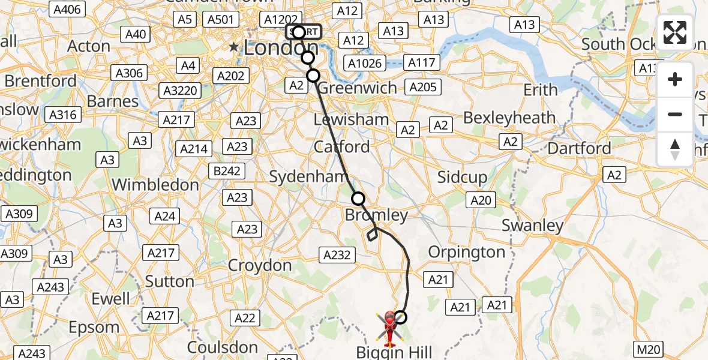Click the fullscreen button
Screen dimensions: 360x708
[675, 32]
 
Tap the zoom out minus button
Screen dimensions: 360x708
[675, 114]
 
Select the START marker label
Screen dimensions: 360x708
[304, 32]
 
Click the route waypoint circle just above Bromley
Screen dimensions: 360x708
[358, 199]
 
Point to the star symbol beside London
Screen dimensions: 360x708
[233, 47]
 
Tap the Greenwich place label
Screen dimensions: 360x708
[357, 88]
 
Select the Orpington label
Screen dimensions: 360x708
[466, 251]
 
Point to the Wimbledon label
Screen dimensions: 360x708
[155, 185]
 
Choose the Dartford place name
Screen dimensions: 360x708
[580, 148]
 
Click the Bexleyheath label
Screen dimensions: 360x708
[509, 118]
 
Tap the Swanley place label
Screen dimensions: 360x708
[532, 226]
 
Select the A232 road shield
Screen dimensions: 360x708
[337, 255]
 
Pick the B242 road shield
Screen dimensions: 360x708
[227, 171]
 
